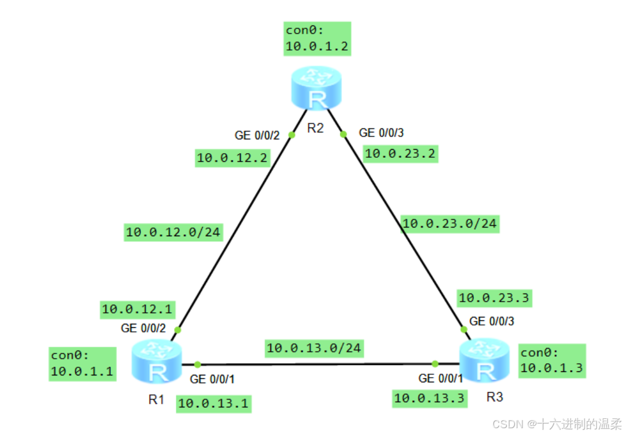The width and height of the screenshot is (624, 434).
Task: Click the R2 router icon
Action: click(x=316, y=88)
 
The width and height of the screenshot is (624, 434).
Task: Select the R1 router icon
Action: click(x=157, y=362)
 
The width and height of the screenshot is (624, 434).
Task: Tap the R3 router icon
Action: click(x=485, y=362)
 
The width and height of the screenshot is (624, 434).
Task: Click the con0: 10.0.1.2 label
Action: click(x=317, y=38)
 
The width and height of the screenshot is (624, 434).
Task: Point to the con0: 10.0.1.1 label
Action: click(x=82, y=364)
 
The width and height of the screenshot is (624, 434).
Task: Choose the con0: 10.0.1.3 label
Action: click(x=552, y=360)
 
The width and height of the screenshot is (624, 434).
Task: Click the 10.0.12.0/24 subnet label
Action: click(x=173, y=232)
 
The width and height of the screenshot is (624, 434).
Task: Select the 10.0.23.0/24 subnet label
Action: click(x=450, y=223)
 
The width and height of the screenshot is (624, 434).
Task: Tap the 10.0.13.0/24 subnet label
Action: click(x=314, y=348)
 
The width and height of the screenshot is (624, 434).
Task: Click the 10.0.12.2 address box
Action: click(x=232, y=157)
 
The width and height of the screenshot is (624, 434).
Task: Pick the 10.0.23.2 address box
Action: click(x=400, y=154)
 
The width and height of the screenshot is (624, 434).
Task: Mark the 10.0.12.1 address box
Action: click(x=137, y=309)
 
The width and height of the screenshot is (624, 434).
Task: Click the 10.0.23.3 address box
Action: click(x=494, y=298)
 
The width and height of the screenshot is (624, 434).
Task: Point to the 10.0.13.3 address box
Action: click(x=430, y=399)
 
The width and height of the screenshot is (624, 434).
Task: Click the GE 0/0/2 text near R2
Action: click(x=257, y=136)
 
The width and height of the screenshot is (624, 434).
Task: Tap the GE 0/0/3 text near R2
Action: click(x=381, y=133)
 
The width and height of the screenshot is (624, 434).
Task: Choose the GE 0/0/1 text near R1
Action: click(x=212, y=379)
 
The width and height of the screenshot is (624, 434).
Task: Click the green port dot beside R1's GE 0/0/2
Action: click(x=177, y=330)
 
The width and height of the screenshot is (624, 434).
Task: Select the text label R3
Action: click(x=495, y=397)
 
